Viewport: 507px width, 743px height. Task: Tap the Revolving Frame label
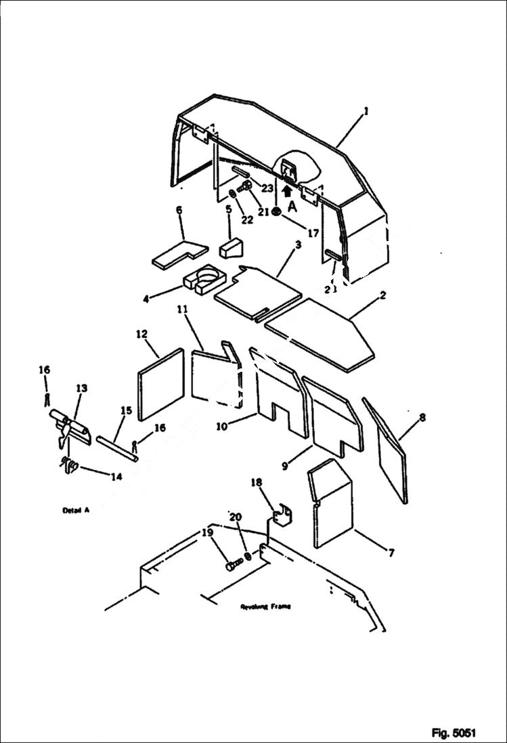click(265, 606)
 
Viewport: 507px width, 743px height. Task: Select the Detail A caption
click(76, 511)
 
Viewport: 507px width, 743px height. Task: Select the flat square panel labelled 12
click(160, 385)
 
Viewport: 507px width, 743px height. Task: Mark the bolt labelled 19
click(234, 565)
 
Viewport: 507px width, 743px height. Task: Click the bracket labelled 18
click(281, 517)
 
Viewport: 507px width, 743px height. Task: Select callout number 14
click(116, 477)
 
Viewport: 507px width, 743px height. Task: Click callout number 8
click(422, 418)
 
